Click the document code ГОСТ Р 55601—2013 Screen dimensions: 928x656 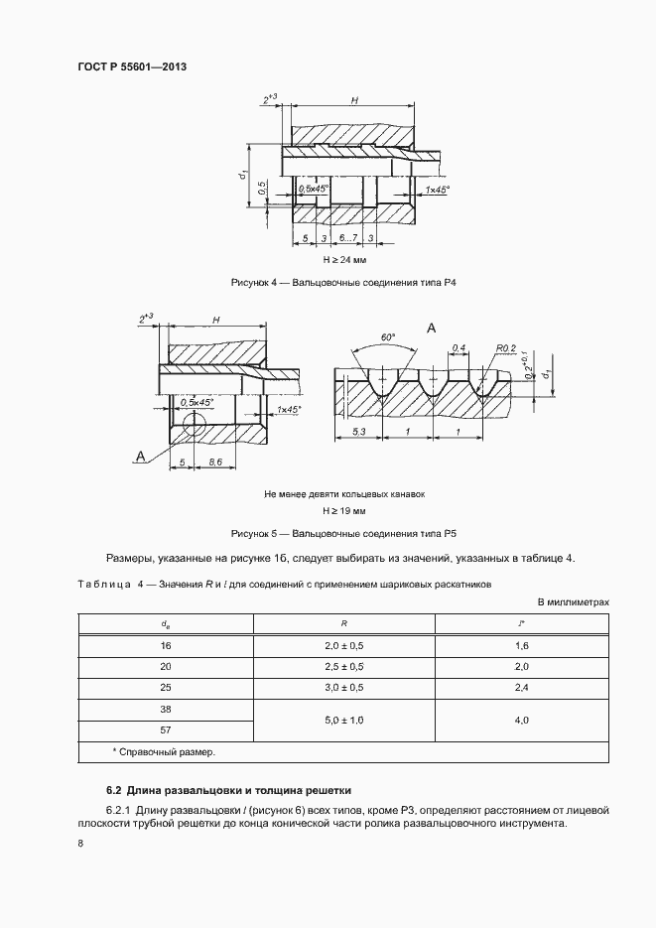[132, 66]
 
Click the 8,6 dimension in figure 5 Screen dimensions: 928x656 [212, 464]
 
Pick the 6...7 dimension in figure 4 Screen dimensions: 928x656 [348, 239]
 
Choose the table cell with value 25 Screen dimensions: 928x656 [166, 687]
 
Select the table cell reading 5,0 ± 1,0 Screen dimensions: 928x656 [344, 720]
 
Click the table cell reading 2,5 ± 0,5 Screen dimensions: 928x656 [344, 666]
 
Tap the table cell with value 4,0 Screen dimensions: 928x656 [521, 720]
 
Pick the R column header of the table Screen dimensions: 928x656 [344, 624]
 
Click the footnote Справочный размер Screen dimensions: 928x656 [167, 751]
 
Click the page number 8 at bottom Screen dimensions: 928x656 [80, 843]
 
